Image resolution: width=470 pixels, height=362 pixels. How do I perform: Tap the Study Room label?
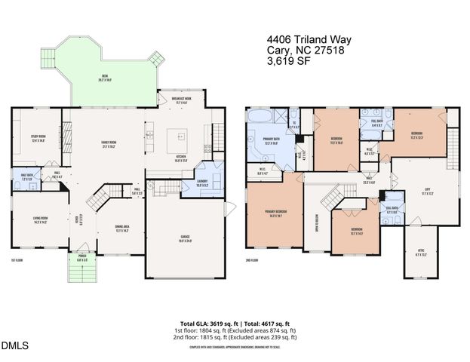pos(38,138)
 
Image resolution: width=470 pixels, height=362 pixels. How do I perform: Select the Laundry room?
pos(204,184)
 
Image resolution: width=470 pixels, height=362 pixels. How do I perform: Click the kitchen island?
pos(180,137)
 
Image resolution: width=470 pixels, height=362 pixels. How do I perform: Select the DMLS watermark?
pos(14,345)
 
